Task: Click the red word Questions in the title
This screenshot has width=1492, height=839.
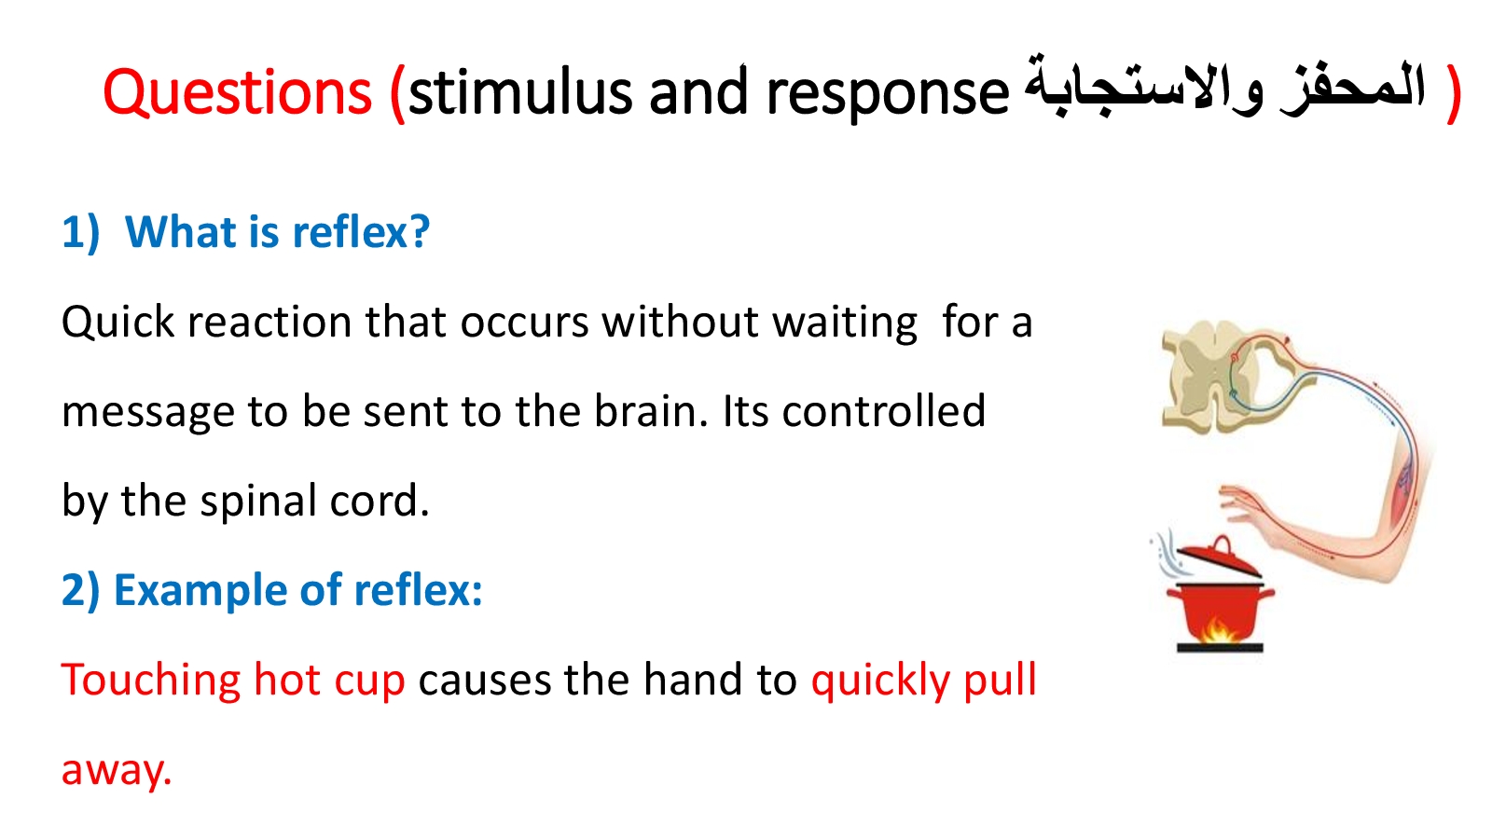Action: [237, 92]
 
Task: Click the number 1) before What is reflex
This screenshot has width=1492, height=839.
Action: [80, 232]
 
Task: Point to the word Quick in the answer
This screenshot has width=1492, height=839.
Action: [117, 323]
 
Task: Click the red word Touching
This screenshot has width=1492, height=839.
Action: [151, 681]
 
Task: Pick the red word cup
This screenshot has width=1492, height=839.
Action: [369, 682]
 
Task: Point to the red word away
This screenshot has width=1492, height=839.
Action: [117, 771]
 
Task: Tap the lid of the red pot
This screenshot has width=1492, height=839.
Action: [1219, 558]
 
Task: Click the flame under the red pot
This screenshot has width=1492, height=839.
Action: [1218, 629]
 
